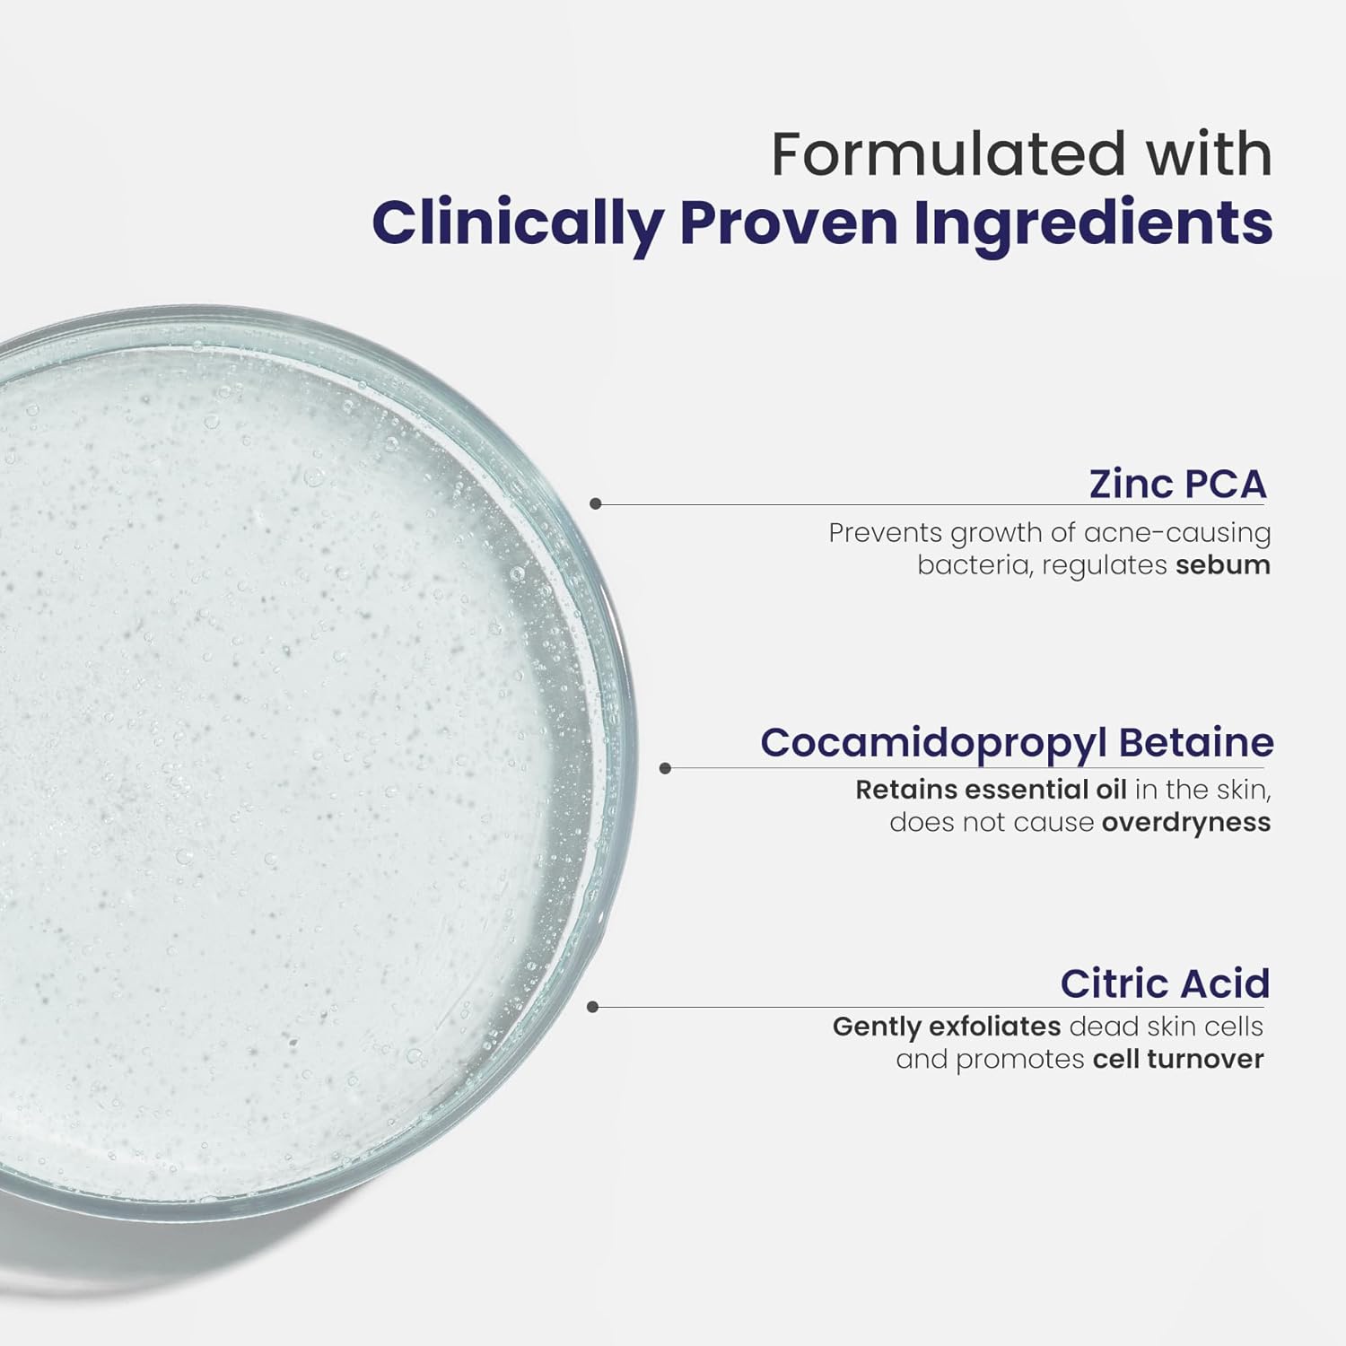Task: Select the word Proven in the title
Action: tap(788, 224)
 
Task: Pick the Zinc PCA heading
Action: tap(1177, 484)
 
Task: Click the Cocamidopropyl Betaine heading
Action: tap(1017, 743)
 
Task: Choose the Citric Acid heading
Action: tap(1165, 983)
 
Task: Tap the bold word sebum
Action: tap(1223, 565)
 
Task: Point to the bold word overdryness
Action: tap(1186, 823)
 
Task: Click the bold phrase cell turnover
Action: tap(1178, 1059)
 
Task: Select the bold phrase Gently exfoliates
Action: tap(948, 1027)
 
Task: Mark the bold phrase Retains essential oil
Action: tap(991, 790)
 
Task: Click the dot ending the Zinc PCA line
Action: tap(596, 504)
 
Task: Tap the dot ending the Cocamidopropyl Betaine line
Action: tap(665, 768)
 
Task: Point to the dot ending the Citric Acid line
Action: tap(592, 1007)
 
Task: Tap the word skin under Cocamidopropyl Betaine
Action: tap(1242, 790)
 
